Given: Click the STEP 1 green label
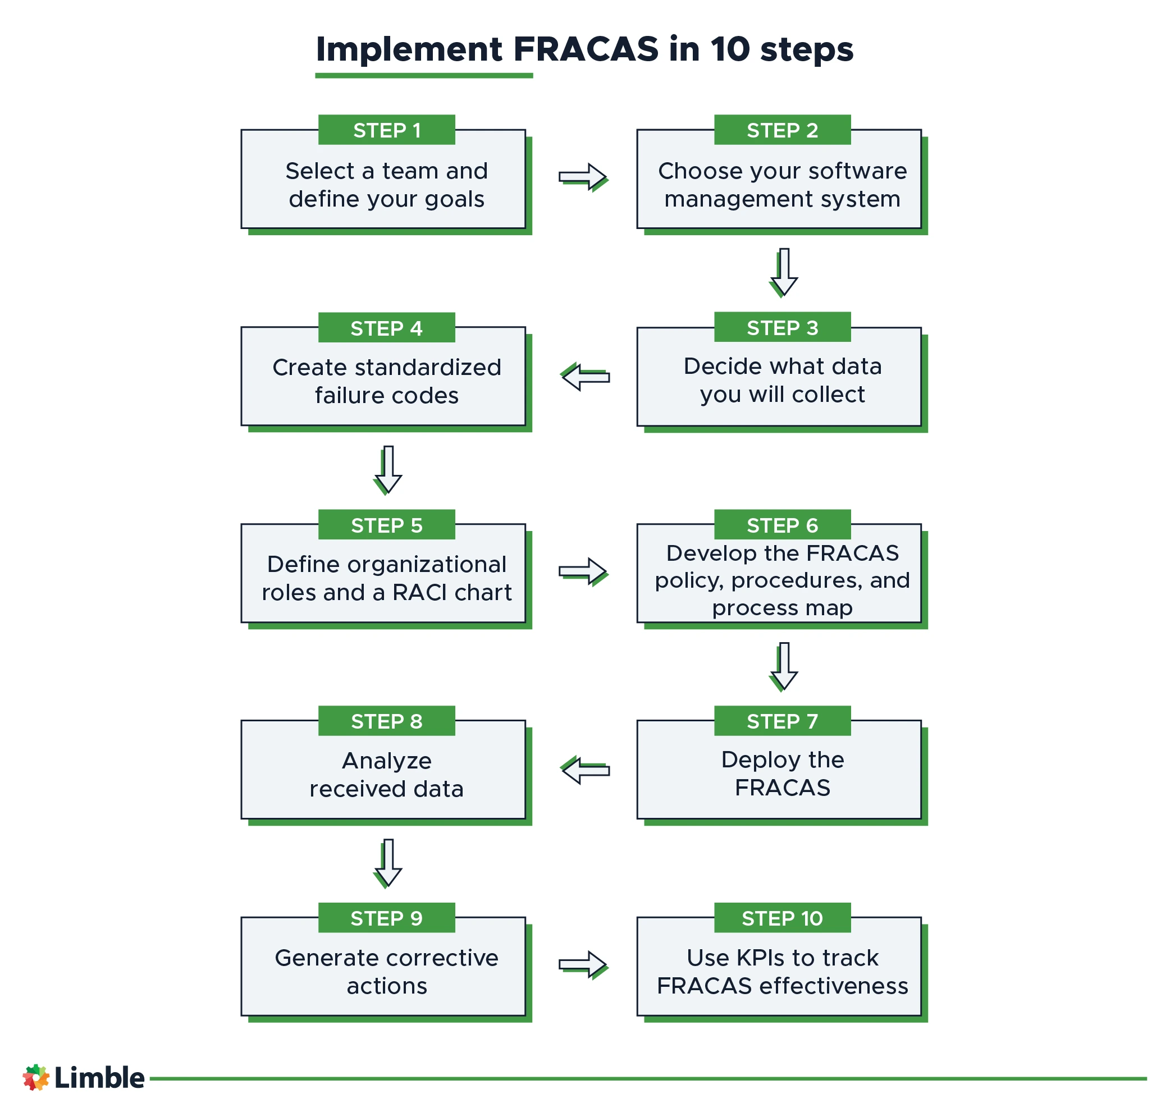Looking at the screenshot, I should click(x=386, y=130).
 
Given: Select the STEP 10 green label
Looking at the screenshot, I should click(x=782, y=918).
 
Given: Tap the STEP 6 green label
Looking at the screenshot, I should click(x=782, y=525).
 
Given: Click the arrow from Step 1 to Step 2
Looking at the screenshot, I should click(x=583, y=177).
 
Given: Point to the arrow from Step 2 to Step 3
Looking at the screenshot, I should click(x=784, y=272).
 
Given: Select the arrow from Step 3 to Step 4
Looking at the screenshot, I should click(x=585, y=377).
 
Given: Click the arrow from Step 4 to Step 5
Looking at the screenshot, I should click(x=388, y=469).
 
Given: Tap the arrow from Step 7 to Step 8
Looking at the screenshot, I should click(x=585, y=770).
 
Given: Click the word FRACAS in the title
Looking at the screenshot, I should click(x=586, y=49).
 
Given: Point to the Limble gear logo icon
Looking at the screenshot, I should click(x=35, y=1078).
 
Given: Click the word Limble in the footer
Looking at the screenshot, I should click(x=99, y=1078).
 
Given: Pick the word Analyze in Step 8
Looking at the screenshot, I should click(x=386, y=761).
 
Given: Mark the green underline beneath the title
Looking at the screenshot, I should click(x=424, y=76).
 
